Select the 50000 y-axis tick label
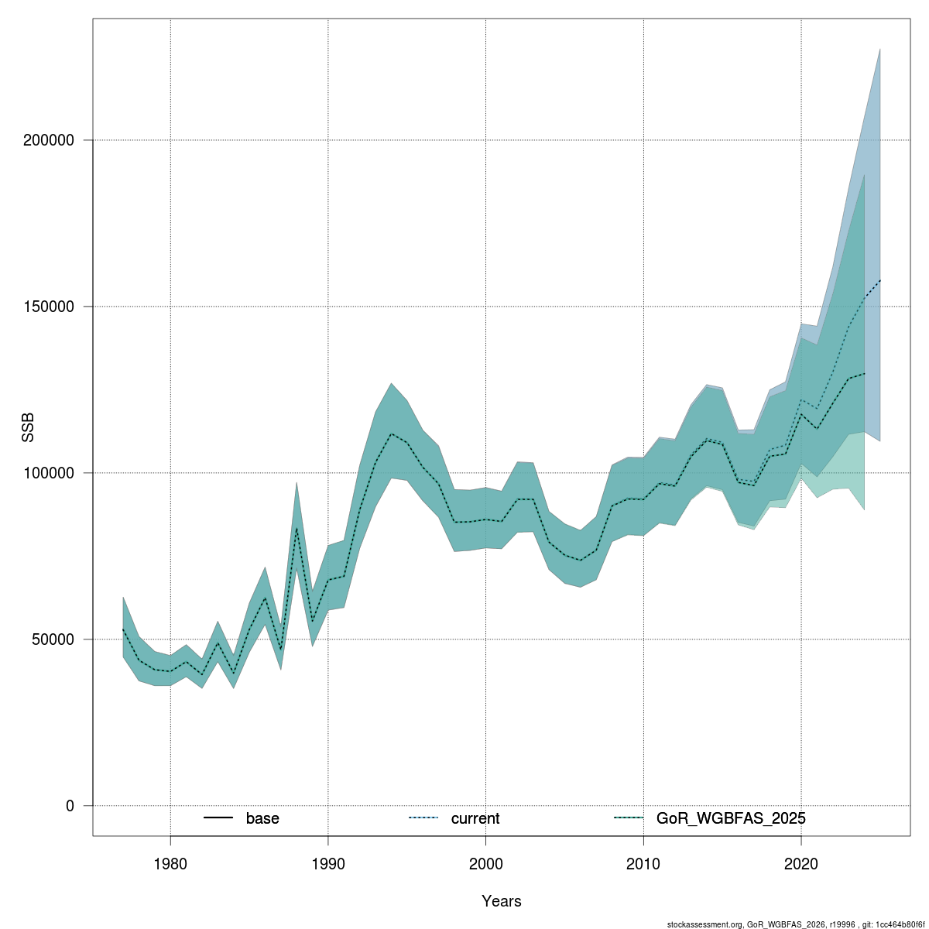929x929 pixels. (53, 639)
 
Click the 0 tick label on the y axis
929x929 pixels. (70, 806)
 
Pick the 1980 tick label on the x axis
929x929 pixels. (170, 863)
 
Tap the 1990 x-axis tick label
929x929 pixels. (327, 863)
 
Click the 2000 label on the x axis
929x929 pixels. (485, 863)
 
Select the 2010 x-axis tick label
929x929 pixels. (643, 863)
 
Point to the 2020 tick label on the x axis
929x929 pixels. (800, 863)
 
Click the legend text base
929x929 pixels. (262, 818)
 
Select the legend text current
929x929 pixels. (475, 818)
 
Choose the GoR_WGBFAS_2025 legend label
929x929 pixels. (731, 818)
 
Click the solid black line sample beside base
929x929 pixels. (218, 818)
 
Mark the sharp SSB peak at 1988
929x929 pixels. (297, 529)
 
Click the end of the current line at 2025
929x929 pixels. (879, 280)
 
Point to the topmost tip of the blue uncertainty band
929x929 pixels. (879, 49)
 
